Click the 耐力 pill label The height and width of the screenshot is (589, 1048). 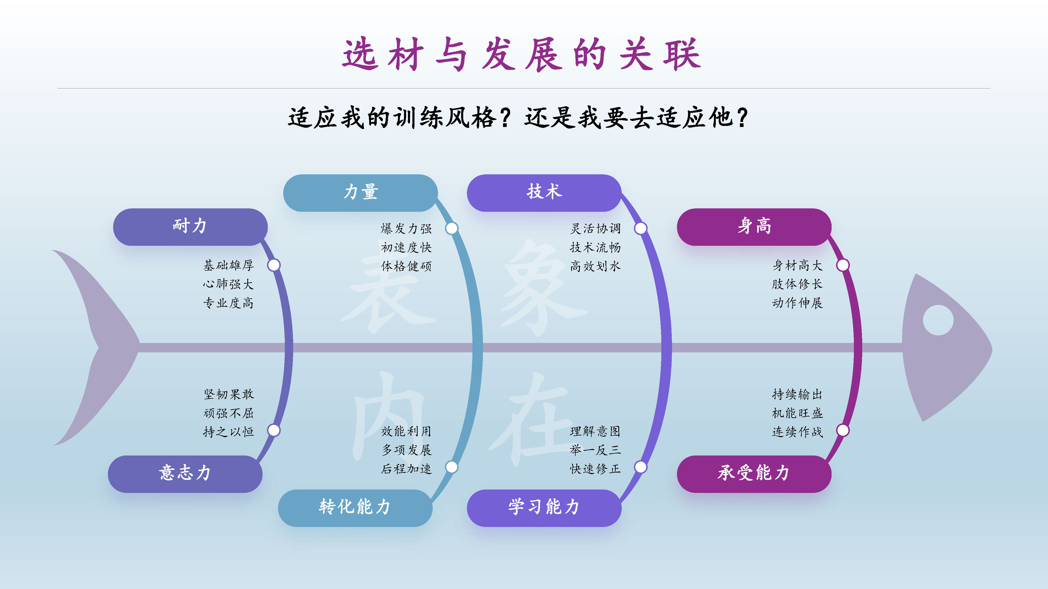point(190,227)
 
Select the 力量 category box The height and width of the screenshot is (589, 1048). point(361,193)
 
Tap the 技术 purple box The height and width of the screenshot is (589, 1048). point(544,193)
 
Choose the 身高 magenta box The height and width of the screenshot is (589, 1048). point(754,227)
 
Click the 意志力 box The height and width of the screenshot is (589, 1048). point(185,474)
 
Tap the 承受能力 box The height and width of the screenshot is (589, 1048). point(754,474)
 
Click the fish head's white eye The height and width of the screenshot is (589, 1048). point(938,320)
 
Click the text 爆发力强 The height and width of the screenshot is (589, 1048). point(406,229)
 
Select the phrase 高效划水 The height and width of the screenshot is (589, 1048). point(595,266)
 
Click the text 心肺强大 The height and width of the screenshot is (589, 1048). point(228,284)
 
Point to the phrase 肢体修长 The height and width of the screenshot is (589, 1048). point(797,284)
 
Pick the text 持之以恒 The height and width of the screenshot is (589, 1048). point(228,431)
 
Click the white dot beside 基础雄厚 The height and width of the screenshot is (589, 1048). point(274,265)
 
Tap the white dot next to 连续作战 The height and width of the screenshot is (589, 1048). point(843,430)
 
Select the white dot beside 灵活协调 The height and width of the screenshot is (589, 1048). point(641,229)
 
